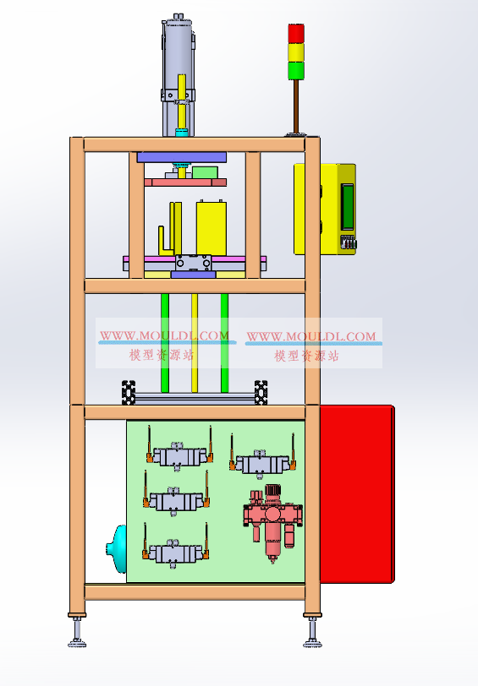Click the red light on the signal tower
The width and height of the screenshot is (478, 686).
296,33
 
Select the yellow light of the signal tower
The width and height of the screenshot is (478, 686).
296,52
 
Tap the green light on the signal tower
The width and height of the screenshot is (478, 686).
296,70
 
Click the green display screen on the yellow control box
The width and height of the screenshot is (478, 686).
348,206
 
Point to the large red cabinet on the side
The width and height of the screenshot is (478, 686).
357,494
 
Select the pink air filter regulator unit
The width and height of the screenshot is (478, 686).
273,523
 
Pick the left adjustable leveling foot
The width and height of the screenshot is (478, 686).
78,630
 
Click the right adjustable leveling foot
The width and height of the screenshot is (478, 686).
312,630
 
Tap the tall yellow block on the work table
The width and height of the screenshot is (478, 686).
212,227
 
